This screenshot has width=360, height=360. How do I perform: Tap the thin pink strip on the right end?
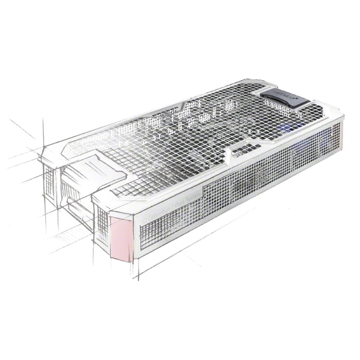[x=340, y=137]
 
